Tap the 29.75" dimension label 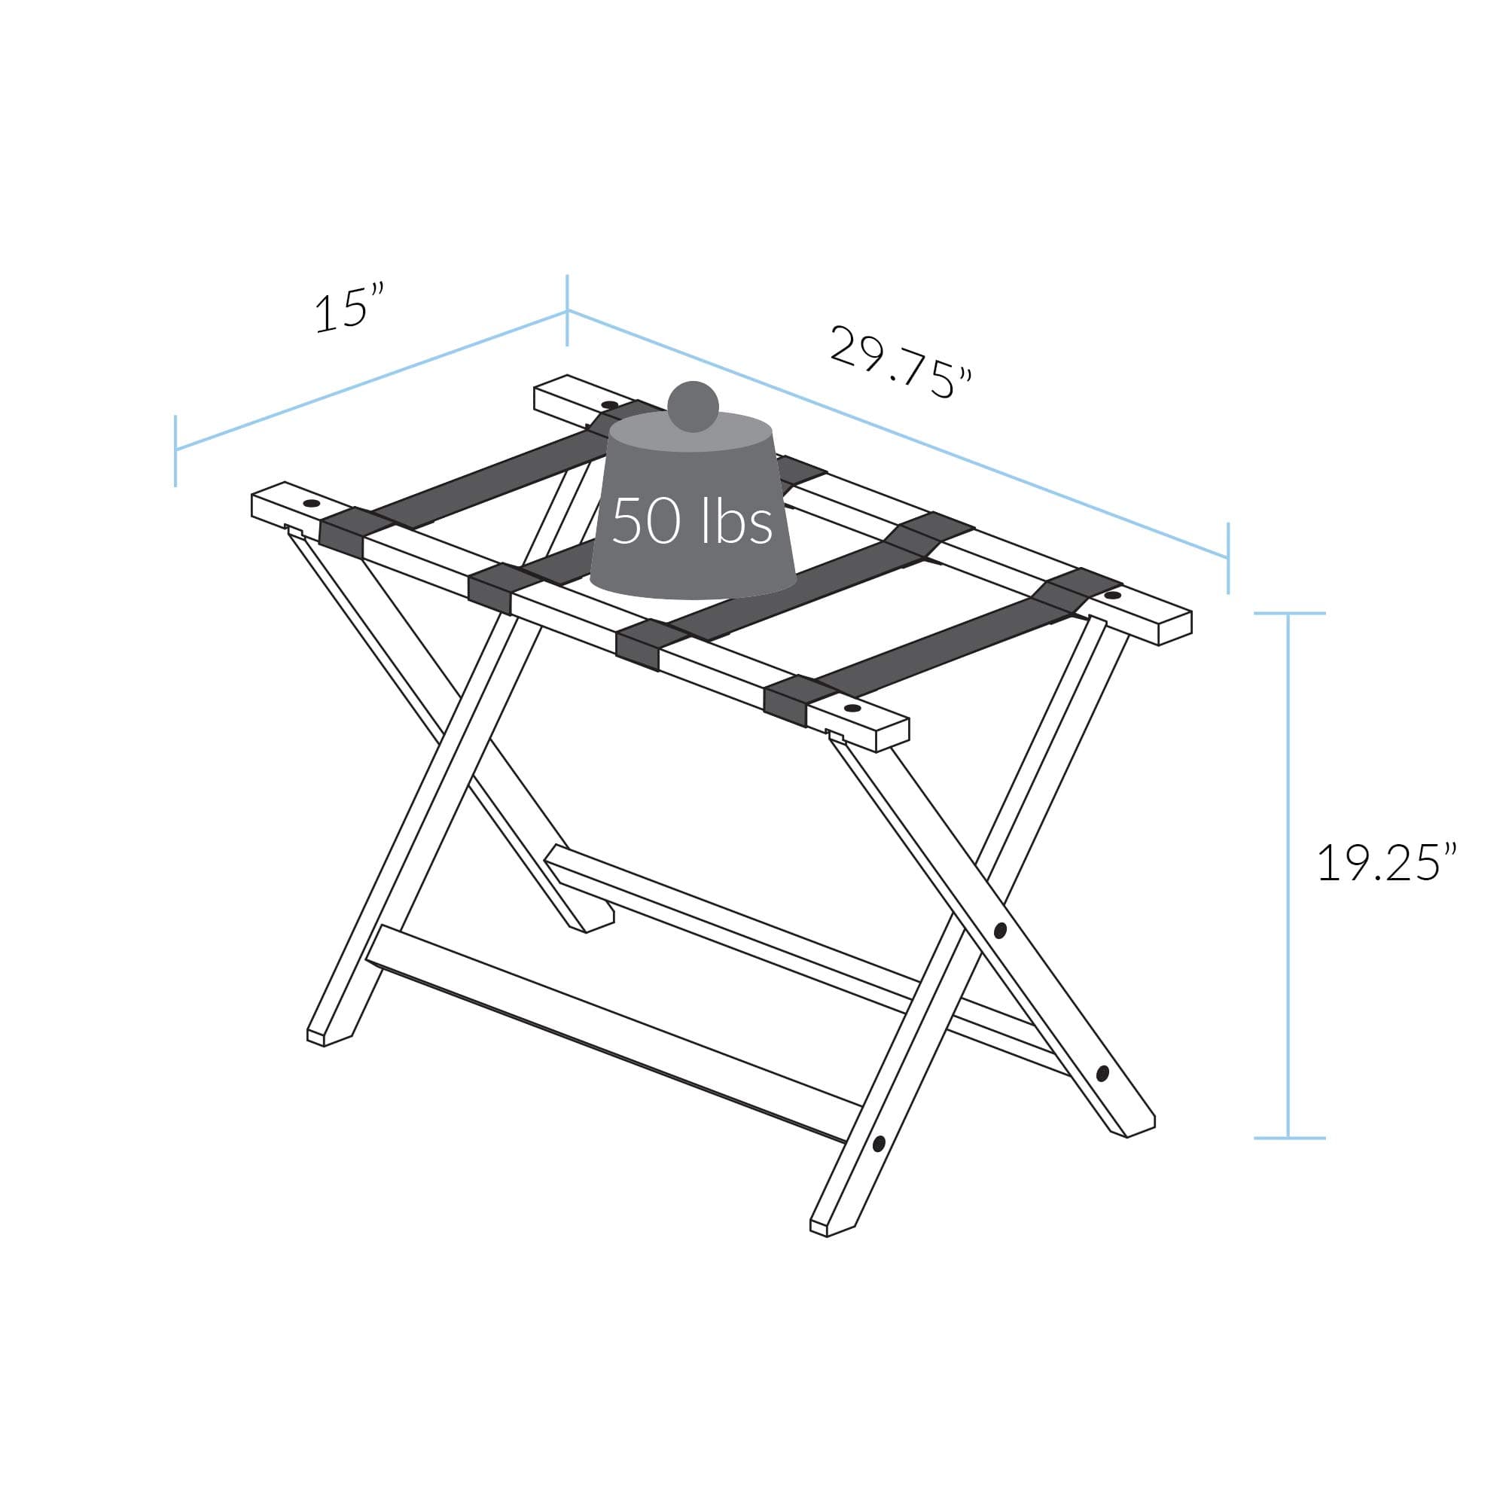[901, 361]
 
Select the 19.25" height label [1387, 864]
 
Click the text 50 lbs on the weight [692, 521]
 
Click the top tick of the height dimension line [1289, 614]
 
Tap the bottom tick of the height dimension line [1289, 1139]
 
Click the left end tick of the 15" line [176, 450]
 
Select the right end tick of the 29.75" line [1227, 557]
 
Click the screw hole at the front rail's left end [312, 504]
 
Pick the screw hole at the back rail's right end [1112, 596]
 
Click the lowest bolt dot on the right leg [879, 1145]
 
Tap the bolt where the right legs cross [1001, 930]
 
